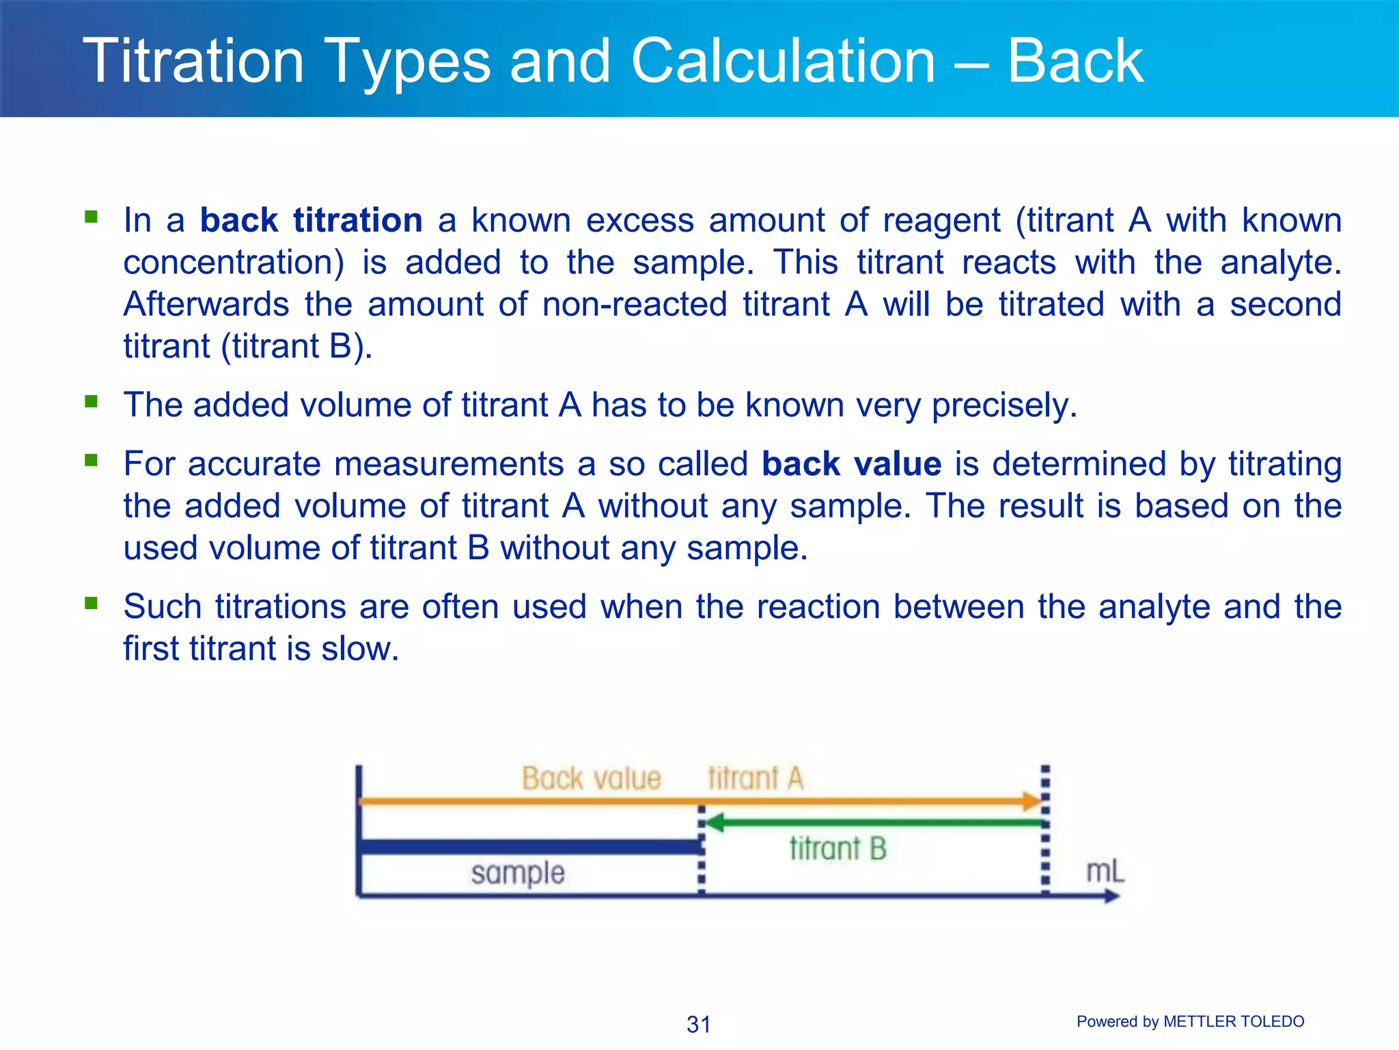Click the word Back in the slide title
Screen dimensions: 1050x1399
[x=1075, y=62]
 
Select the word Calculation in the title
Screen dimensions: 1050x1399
[x=783, y=62]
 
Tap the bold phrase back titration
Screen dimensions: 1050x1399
[x=311, y=221]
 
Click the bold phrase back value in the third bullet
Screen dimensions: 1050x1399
[x=851, y=464]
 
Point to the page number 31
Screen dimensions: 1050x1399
[x=699, y=1024]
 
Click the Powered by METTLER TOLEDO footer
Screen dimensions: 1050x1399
[x=1190, y=1021]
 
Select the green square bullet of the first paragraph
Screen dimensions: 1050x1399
[x=91, y=217]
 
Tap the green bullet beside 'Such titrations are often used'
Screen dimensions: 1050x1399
[x=91, y=604]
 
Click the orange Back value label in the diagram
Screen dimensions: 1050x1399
[x=592, y=779]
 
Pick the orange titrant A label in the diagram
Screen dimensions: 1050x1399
[x=756, y=779]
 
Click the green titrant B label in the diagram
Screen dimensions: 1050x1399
[x=837, y=849]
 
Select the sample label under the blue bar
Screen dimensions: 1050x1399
[x=518, y=874]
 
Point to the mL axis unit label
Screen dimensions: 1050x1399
[x=1105, y=872]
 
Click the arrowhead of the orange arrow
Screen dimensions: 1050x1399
[x=1031, y=801]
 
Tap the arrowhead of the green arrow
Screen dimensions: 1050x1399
[x=715, y=823]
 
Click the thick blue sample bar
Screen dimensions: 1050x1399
[x=529, y=847]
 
